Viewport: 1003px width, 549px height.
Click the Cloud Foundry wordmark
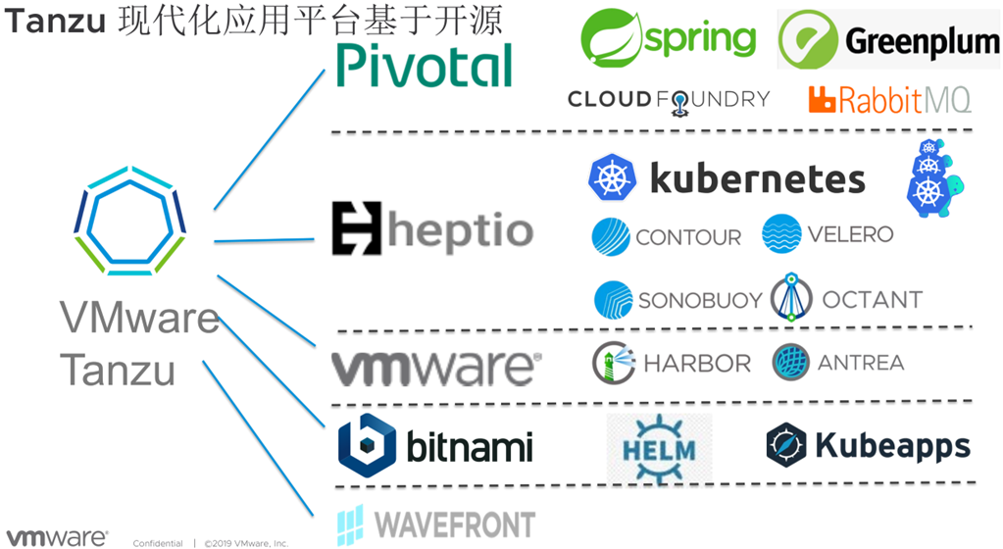coord(669,100)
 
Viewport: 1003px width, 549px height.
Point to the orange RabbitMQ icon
coord(821,99)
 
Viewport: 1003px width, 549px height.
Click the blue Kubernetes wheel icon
coord(613,177)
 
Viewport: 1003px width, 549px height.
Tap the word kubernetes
coord(758,178)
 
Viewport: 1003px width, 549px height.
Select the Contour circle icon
coord(611,237)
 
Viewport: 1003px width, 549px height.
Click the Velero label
coord(850,235)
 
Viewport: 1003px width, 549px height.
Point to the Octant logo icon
coord(790,298)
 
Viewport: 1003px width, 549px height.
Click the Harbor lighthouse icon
coord(614,363)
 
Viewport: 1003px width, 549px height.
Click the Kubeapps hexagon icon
coord(786,445)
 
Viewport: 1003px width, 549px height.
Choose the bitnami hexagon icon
coord(367,445)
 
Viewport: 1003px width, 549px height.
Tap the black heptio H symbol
coord(355,228)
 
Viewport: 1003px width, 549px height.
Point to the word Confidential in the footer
coord(158,542)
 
